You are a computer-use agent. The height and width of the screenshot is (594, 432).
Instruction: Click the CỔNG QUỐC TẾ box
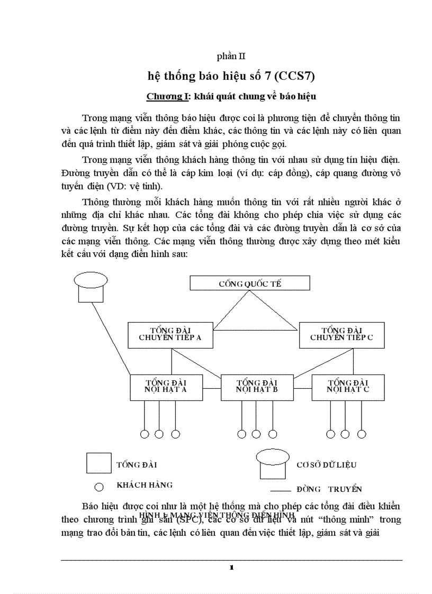click(x=243, y=284)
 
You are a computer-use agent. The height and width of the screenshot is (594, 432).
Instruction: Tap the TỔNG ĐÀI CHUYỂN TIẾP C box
click(x=341, y=335)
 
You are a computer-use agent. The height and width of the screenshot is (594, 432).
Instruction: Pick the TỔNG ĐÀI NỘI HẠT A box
click(x=166, y=387)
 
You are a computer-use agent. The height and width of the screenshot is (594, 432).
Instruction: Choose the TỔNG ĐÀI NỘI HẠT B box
click(x=257, y=387)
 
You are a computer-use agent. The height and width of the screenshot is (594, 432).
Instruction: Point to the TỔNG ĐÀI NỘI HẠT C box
click(x=348, y=387)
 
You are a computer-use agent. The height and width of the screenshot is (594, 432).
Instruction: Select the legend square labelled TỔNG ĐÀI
click(x=99, y=463)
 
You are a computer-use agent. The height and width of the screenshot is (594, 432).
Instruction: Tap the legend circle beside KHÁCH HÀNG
click(x=98, y=487)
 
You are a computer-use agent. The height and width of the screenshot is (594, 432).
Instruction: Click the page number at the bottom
click(x=231, y=568)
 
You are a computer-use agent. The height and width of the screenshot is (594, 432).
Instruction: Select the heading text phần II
click(x=231, y=56)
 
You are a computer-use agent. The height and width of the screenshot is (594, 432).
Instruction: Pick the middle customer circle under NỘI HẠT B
click(x=256, y=434)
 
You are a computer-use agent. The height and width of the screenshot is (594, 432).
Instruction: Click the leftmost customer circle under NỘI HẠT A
click(x=144, y=434)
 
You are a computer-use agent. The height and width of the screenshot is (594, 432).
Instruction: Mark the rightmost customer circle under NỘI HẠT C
click(x=362, y=434)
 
